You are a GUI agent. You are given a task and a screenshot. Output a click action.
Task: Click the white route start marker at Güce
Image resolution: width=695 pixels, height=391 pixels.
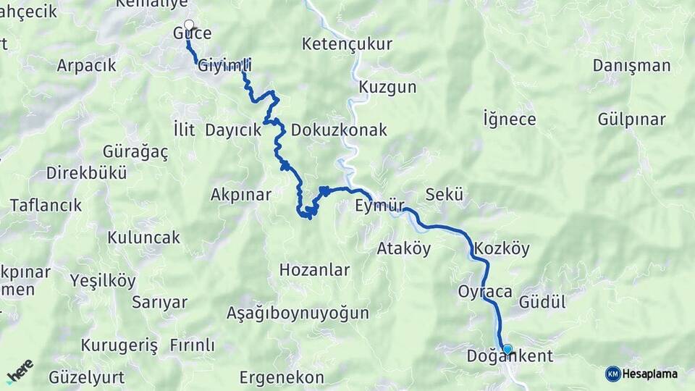click(189, 25)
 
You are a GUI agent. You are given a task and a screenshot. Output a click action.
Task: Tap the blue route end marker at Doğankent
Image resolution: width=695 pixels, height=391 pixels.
click(507, 349)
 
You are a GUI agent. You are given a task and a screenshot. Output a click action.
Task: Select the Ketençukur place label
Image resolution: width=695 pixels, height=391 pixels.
click(347, 44)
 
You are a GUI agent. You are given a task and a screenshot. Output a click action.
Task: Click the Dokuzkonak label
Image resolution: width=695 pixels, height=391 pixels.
click(339, 131)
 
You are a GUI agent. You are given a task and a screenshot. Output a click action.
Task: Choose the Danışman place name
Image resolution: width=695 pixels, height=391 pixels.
click(631, 66)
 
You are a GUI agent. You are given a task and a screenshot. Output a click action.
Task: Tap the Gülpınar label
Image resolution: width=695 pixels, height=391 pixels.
click(632, 119)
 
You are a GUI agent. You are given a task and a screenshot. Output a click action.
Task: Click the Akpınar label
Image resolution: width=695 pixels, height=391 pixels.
click(240, 195)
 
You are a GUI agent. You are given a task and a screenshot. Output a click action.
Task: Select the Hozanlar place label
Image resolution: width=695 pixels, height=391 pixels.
click(314, 271)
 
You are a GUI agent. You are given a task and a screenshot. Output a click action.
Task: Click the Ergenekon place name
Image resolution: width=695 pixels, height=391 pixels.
click(282, 378)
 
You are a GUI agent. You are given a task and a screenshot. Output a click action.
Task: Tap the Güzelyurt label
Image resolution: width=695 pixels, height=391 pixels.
click(87, 378)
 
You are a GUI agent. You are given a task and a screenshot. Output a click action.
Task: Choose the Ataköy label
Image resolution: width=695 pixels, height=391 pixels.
click(403, 249)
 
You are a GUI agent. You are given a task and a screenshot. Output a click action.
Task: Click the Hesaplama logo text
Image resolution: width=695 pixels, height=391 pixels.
click(649, 374)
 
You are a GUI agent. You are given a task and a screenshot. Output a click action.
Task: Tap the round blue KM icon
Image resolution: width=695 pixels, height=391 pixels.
click(612, 374)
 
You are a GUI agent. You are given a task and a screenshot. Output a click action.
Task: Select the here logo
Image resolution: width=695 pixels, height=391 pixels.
click(20, 371)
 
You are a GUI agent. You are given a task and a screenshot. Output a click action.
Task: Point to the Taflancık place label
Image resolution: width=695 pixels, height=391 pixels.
click(46, 205)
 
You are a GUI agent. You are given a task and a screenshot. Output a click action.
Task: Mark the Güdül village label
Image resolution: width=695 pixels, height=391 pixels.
click(542, 303)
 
